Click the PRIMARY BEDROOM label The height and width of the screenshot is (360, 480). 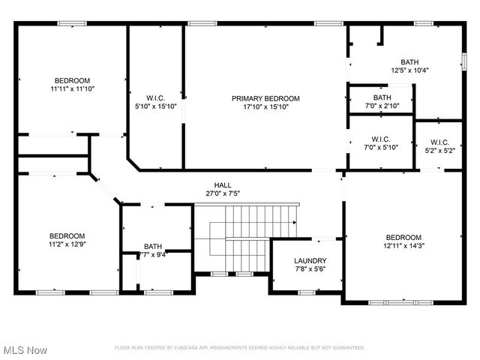[265, 98]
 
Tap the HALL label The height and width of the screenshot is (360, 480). [223, 184]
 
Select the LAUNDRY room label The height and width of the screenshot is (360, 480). [310, 261]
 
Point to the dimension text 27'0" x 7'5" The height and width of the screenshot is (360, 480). [223, 193]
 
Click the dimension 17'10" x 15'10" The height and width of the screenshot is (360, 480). [265, 107]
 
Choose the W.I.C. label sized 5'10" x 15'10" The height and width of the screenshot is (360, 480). [155, 97]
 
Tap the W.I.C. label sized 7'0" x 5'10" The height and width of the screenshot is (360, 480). [380, 139]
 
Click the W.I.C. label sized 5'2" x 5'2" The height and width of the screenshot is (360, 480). [439, 142]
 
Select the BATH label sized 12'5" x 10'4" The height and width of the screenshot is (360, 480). [409, 62]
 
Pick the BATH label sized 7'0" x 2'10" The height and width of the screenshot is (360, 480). [382, 97]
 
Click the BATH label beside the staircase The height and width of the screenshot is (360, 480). [153, 246]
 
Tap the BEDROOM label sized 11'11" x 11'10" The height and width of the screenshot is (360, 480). [72, 80]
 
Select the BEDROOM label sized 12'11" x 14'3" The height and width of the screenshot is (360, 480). [403, 237]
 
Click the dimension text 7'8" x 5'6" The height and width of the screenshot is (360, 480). [310, 269]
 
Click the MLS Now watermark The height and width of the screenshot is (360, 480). [25, 350]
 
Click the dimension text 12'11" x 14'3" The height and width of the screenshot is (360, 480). [403, 245]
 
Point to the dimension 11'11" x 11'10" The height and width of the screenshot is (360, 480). [72, 88]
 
